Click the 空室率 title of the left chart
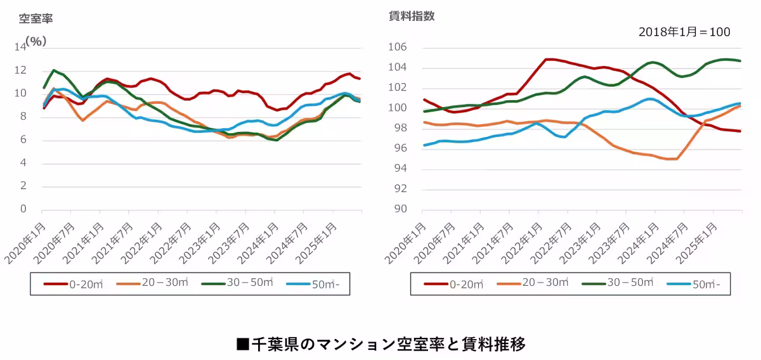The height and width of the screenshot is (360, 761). pyautogui.click(x=36, y=18)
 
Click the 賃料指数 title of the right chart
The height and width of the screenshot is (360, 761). pyautogui.click(x=412, y=16)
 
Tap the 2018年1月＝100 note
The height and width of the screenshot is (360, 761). pyautogui.click(x=684, y=32)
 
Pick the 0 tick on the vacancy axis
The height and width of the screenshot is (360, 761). pyautogui.click(x=23, y=209)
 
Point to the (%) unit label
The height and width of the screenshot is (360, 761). pyautogui.click(x=36, y=41)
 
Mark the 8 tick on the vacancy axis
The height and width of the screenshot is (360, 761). pyautogui.click(x=23, y=117)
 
